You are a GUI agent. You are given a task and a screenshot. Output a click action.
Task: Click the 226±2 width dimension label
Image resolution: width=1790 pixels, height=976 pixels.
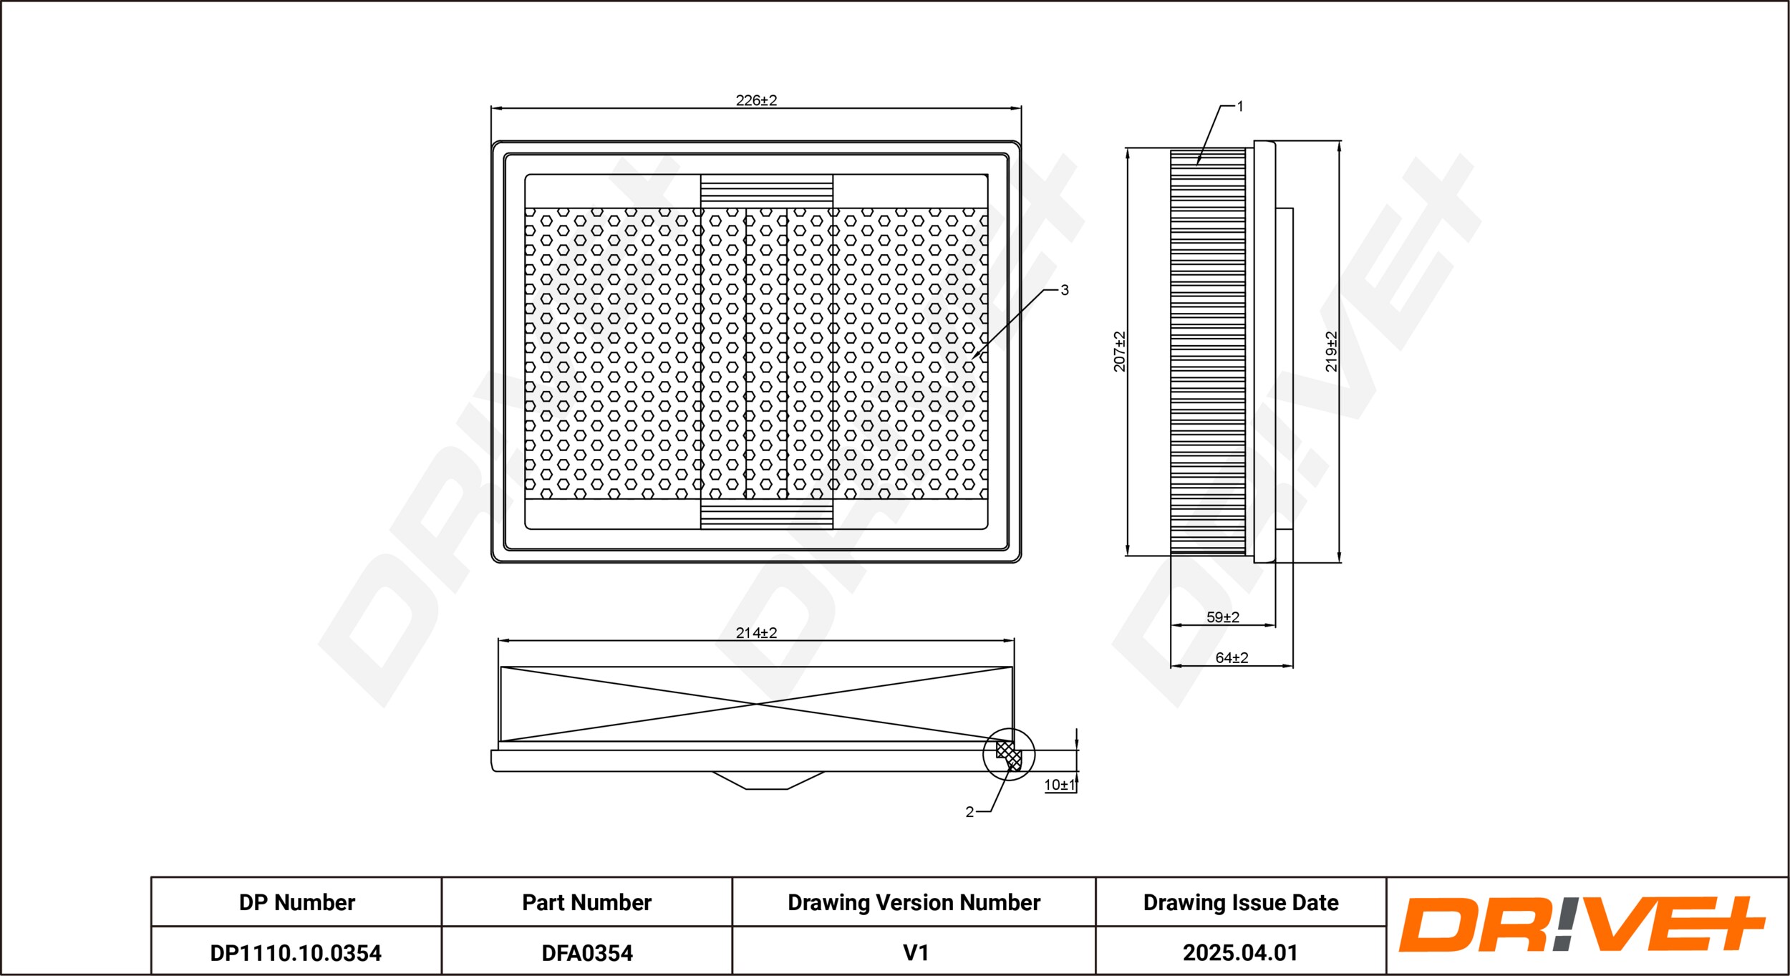[756, 100]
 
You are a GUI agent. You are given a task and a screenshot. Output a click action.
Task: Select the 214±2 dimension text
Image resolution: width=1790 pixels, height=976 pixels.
[756, 633]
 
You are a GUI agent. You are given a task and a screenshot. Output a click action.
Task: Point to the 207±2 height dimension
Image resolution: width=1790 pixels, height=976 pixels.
[1119, 351]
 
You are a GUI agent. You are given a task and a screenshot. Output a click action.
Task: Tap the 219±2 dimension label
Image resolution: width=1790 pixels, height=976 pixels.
[1331, 351]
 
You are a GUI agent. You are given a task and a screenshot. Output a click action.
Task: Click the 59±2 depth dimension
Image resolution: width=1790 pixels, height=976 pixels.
[1222, 617]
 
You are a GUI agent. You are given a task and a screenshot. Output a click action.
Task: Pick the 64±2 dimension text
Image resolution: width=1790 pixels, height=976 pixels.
[1232, 657]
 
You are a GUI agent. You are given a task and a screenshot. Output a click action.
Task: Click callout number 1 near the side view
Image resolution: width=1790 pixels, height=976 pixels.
[1240, 107]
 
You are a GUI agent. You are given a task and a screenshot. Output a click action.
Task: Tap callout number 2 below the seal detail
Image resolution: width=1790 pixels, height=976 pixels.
[969, 812]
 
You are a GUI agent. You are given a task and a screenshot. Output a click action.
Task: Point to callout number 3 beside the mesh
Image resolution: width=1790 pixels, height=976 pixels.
[1065, 290]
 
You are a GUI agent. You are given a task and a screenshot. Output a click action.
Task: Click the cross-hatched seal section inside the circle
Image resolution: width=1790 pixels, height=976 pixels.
[1009, 755]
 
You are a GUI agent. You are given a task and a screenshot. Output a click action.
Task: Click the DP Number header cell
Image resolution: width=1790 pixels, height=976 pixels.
[296, 902]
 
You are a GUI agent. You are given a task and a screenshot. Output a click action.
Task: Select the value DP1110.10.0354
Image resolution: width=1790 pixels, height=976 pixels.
[296, 953]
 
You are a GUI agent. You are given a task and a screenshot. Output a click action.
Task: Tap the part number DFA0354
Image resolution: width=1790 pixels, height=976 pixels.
[587, 953]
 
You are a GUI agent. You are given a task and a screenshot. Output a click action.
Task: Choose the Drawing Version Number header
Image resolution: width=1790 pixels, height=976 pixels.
[914, 902]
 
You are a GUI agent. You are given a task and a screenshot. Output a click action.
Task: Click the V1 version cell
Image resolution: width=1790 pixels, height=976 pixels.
[916, 953]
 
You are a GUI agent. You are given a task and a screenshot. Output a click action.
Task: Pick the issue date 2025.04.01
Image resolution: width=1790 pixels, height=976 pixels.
[1240, 953]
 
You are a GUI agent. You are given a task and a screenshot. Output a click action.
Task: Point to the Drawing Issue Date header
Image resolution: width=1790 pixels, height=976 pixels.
[1241, 902]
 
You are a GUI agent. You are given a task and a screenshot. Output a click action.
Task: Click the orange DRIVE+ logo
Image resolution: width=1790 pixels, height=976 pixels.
[1582, 924]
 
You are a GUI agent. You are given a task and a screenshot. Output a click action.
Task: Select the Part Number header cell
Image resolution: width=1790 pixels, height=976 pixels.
[586, 902]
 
